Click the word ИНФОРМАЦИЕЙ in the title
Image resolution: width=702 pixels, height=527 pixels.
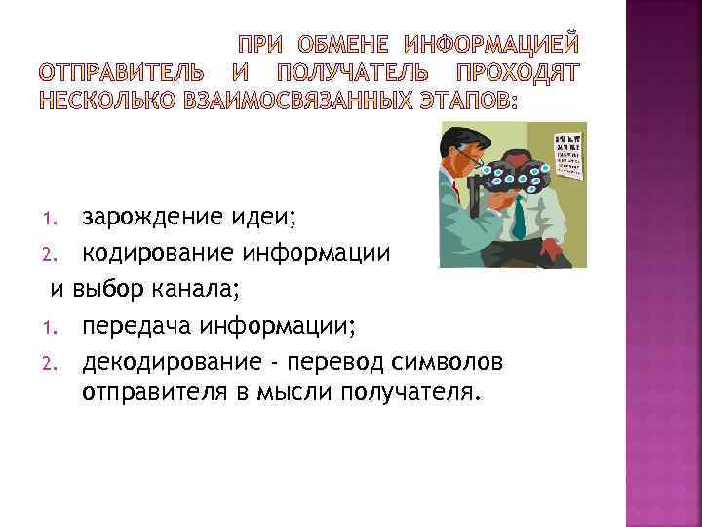tap(491, 44)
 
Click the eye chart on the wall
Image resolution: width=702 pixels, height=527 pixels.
tap(568, 154)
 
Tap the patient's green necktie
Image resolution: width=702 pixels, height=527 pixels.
tap(519, 220)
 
